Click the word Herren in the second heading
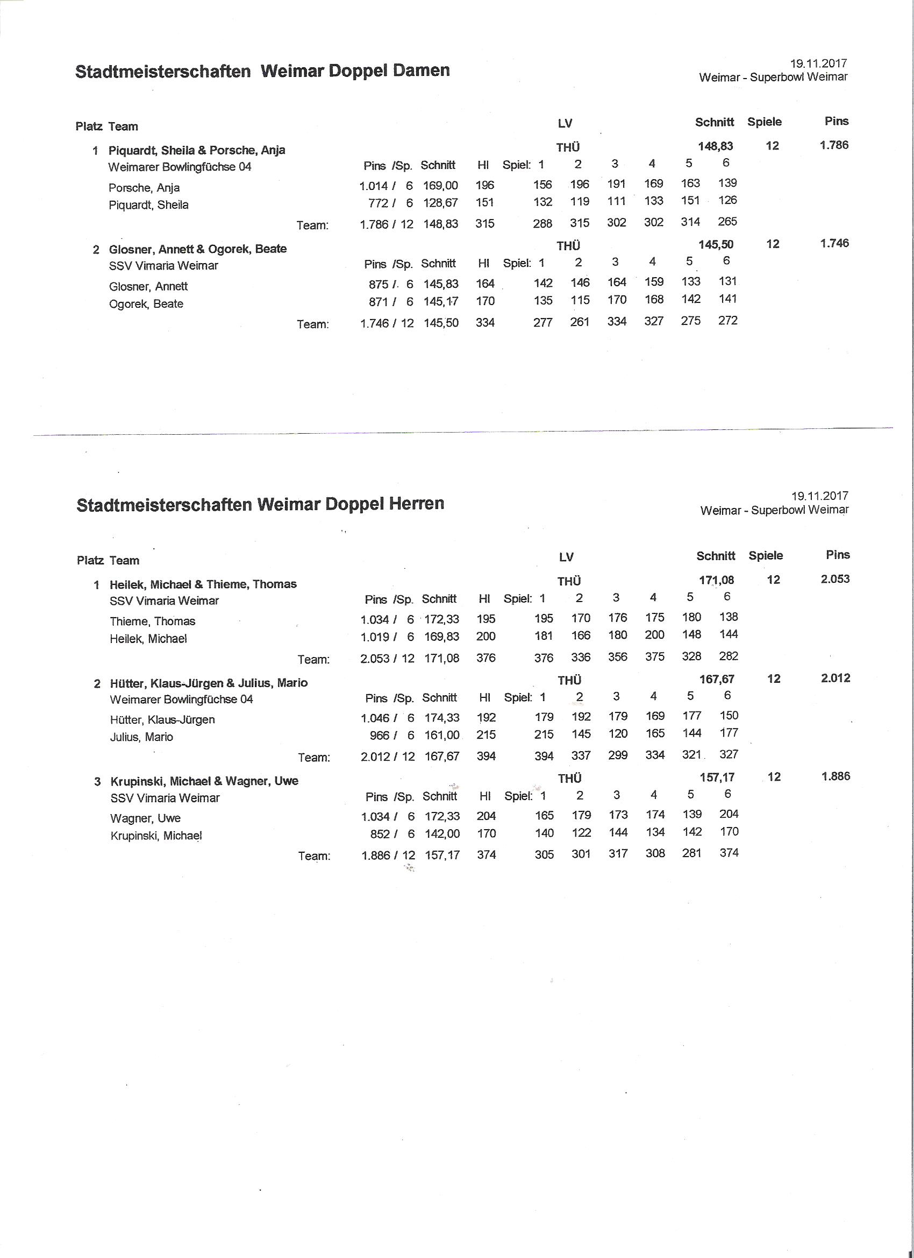coord(417,504)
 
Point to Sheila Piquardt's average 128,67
coord(441,203)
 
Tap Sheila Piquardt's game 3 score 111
coord(616,202)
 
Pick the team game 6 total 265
coord(727,222)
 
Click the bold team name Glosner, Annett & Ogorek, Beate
coord(198,249)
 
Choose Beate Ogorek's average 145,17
coord(441,302)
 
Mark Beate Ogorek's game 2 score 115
coord(580,300)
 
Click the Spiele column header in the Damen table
coord(765,122)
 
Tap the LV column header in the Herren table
coord(567,557)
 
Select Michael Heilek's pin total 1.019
coord(375,637)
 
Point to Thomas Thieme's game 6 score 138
coord(729,617)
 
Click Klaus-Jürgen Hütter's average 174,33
coord(442,718)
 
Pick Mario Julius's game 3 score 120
coord(617,734)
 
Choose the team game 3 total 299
coord(617,755)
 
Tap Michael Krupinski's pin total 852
coord(380,833)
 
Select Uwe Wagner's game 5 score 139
coord(692,814)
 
